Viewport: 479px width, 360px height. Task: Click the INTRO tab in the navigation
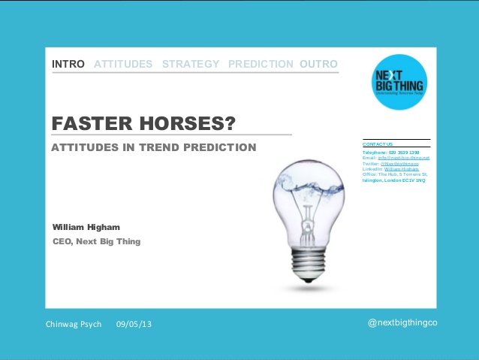tap(68, 64)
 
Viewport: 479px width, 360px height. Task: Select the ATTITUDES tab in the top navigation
tap(123, 64)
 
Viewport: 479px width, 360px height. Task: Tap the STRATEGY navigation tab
tap(191, 64)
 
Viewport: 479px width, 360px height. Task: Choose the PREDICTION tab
tap(261, 64)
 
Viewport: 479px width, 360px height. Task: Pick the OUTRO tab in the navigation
tap(318, 64)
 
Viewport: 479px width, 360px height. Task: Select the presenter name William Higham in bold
tap(86, 227)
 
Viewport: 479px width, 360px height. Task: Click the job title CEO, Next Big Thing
tap(96, 241)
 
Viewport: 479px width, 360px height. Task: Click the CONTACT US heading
tap(378, 144)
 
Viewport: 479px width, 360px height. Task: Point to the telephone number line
tap(390, 153)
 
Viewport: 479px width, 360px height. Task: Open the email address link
tap(406, 159)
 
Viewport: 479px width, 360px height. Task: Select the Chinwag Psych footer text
tap(74, 324)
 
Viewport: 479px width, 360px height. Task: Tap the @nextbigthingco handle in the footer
tap(402, 322)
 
